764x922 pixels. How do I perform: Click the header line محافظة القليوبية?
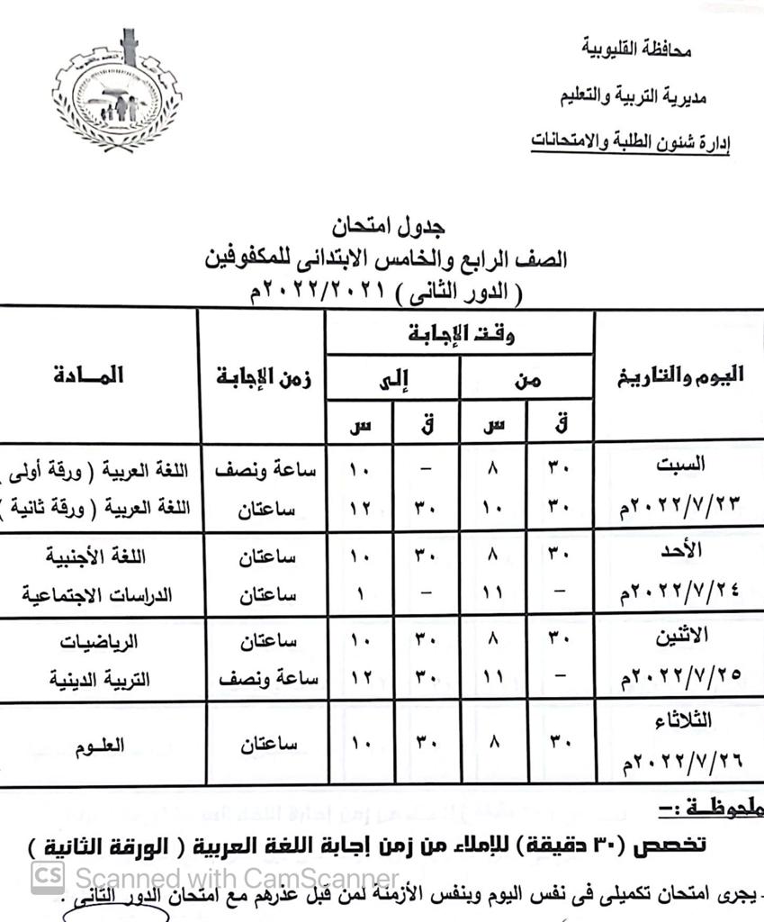pos(636,50)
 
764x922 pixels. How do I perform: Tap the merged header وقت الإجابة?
pos(459,335)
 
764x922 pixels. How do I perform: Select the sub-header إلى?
pos(393,380)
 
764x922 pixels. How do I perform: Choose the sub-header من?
pos(528,380)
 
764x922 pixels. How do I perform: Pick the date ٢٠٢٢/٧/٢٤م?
pos(681,595)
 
